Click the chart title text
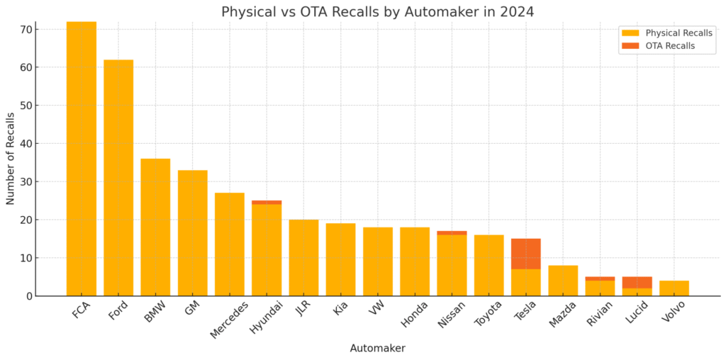[377, 11]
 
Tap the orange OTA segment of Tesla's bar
[525, 254]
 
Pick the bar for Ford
[118, 178]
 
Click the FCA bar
[82, 159]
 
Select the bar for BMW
[155, 227]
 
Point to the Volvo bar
[674, 288]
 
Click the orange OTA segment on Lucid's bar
[637, 283]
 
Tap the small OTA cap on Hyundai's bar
[267, 202]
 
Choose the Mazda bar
[563, 281]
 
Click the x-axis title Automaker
[377, 348]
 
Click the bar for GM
[193, 233]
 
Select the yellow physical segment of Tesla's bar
[526, 283]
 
